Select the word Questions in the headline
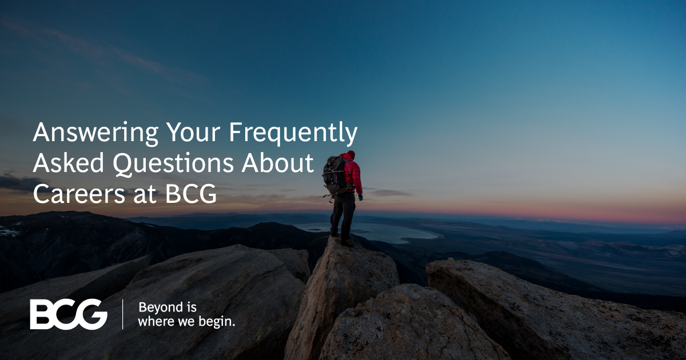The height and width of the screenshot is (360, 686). (173, 164)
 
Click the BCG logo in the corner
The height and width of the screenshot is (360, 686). (69, 314)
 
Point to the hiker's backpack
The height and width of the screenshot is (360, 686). (334, 174)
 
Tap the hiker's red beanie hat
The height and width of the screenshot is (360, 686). (350, 155)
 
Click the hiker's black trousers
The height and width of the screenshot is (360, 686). (343, 214)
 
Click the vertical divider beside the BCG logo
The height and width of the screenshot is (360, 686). (123, 314)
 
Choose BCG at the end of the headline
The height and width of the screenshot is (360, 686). (192, 194)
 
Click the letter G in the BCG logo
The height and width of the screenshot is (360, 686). (93, 314)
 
